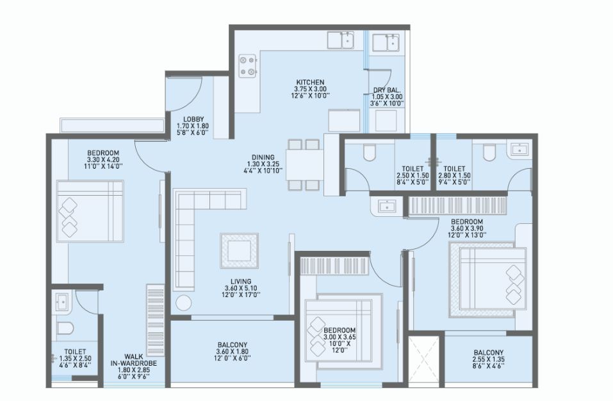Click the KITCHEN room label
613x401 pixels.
[310, 82]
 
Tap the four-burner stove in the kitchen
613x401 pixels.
[247, 66]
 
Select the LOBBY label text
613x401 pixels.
[193, 119]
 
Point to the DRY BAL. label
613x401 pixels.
[387, 90]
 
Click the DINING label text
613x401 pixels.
[263, 157]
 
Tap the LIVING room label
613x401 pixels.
[241, 281]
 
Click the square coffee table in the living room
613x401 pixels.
[240, 251]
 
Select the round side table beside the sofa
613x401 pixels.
[183, 303]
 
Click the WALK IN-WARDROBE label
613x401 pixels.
[134, 361]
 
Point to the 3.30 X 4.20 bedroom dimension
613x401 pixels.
[103, 159]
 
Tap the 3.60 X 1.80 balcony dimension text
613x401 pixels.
[233, 351]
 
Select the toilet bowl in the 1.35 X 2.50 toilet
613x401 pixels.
[65, 328]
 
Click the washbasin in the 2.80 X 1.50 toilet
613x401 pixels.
[519, 149]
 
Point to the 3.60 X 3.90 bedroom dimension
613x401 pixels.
[467, 228]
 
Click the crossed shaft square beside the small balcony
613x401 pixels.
[424, 360]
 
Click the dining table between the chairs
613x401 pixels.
[304, 164]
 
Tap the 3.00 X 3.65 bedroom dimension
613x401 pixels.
[339, 337]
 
